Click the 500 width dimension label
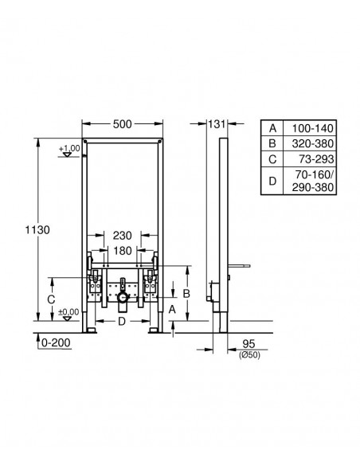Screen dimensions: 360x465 point(122,124)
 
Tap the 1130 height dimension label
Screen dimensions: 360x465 point(37,230)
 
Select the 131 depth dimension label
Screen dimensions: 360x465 point(217,124)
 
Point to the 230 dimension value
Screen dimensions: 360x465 point(122,236)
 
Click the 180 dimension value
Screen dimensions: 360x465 point(123,251)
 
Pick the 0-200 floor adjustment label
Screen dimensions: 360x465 point(56,343)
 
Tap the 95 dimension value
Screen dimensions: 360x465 point(248,344)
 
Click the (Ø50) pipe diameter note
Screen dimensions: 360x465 point(249,354)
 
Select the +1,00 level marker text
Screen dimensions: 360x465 point(69,148)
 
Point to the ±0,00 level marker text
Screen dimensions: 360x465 point(68,312)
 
